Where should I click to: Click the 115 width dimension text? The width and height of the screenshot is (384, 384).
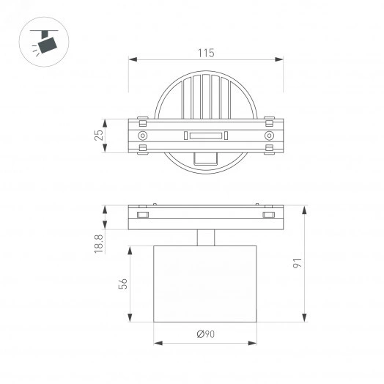pyautogui.click(x=206, y=52)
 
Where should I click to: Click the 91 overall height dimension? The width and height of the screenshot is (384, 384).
pyautogui.click(x=298, y=263)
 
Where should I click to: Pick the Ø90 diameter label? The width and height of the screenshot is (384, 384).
pyautogui.click(x=206, y=334)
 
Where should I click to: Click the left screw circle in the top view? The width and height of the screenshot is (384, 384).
pyautogui.click(x=142, y=136)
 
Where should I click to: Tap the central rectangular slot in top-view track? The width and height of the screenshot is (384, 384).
pyautogui.click(x=206, y=136)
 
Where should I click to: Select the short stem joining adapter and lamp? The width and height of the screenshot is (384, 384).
pyautogui.click(x=206, y=238)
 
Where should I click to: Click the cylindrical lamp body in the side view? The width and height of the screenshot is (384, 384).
pyautogui.click(x=206, y=284)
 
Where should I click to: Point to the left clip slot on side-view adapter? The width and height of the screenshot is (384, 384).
pyautogui.click(x=142, y=215)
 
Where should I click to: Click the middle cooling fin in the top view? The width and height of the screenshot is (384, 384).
pyautogui.click(x=206, y=95)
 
